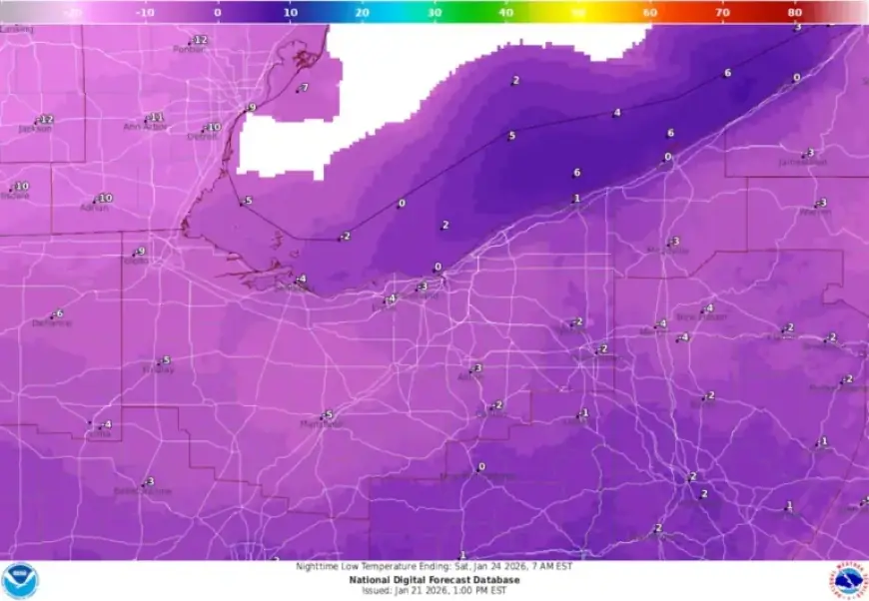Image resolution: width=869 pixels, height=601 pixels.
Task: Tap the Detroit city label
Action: pyautogui.click(x=203, y=137)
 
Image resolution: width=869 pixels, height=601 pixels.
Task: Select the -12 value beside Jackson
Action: pyautogui.click(x=46, y=120)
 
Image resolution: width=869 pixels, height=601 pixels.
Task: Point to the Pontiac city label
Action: pyautogui.click(x=188, y=49)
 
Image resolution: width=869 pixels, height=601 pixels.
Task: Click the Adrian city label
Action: pyautogui.click(x=94, y=208)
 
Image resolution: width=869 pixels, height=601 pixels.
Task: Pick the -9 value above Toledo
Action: pyautogui.click(x=141, y=252)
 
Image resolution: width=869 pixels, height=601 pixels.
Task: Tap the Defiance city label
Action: pyautogui.click(x=51, y=323)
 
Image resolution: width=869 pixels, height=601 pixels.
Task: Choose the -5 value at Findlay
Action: pyautogui.click(x=166, y=360)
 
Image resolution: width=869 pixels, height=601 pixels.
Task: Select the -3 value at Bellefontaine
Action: pyautogui.click(x=150, y=482)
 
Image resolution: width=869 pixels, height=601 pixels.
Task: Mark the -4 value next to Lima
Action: pyautogui.click(x=107, y=425)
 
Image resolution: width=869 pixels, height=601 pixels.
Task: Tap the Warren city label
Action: pyautogui.click(x=815, y=212)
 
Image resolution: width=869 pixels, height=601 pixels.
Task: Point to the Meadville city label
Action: pyautogui.click(x=668, y=251)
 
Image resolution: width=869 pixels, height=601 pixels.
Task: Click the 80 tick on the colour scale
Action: pyautogui.click(x=794, y=13)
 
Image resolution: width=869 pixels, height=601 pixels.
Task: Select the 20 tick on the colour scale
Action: pyautogui.click(x=362, y=13)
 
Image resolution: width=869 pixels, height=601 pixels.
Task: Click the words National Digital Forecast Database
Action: pyautogui.click(x=434, y=579)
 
